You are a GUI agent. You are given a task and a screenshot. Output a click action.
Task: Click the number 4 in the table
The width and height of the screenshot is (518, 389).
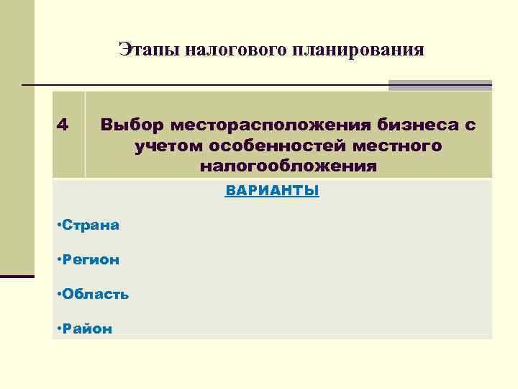pyautogui.click(x=63, y=125)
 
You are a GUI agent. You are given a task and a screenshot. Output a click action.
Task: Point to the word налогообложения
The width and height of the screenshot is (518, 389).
pyautogui.click(x=288, y=167)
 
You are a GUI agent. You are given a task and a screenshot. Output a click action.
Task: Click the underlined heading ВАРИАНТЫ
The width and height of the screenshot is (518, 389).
pyautogui.click(x=272, y=192)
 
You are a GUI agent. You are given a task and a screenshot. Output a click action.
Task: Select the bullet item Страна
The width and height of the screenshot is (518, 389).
pyautogui.click(x=90, y=225)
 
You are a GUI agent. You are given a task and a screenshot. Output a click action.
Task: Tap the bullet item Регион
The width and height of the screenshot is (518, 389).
pyautogui.click(x=90, y=259)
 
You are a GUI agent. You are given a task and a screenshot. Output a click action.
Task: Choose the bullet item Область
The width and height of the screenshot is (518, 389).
pyautogui.click(x=95, y=294)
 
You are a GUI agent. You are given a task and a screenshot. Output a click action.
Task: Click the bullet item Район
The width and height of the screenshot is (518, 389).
pyautogui.click(x=86, y=328)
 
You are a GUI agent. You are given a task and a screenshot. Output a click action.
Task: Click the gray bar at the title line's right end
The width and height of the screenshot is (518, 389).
pyautogui.click(x=440, y=85)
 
